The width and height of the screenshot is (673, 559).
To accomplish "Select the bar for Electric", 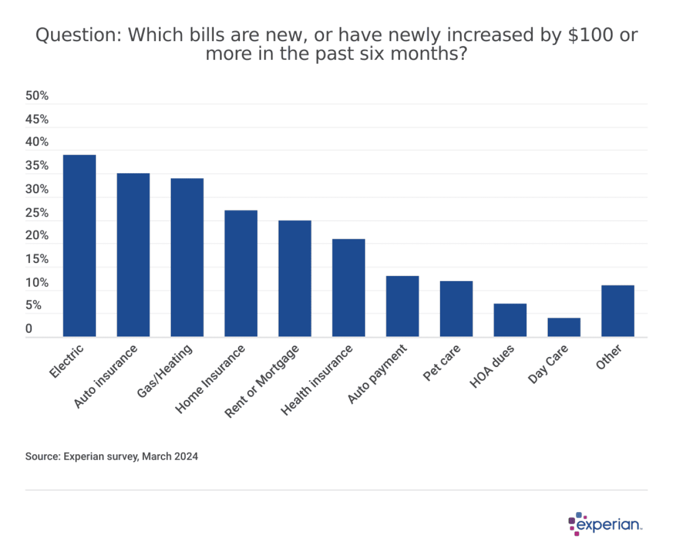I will (79, 246).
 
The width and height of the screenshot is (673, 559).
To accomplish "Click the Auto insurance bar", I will (133, 255).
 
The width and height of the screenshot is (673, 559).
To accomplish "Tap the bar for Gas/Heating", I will (187, 258).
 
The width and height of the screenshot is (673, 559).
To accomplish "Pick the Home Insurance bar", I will (241, 273).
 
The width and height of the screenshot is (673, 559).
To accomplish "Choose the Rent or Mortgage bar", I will (294, 279).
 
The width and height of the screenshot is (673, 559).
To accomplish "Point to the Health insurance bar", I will (349, 288).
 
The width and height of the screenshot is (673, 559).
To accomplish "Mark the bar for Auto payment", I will (402, 306).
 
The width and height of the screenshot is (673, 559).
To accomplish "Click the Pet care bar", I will (456, 309).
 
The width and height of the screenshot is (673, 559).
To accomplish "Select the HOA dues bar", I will (510, 320).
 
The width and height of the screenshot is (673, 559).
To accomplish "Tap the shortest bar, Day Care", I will (564, 327).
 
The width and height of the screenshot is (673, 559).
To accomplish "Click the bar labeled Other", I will (618, 311).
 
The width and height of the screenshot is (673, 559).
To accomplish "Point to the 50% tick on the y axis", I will (37, 96).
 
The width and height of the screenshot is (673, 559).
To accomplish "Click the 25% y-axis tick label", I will (37, 213).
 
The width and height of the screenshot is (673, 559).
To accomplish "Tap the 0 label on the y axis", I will (29, 329).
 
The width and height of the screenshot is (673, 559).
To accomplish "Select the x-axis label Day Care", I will (548, 364).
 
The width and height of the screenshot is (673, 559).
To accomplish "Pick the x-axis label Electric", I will (66, 361).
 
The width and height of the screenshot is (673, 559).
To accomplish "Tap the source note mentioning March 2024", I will (111, 456).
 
